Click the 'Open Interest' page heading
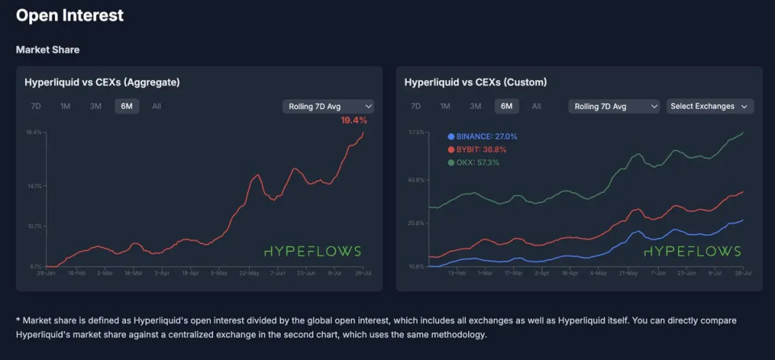click(70, 15)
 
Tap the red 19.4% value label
click(354, 120)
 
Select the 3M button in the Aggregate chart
click(95, 106)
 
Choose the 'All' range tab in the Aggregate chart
click(157, 106)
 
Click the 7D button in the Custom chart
click(415, 106)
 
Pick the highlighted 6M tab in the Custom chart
click(506, 106)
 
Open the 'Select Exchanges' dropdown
click(709, 106)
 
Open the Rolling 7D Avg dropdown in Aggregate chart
click(328, 106)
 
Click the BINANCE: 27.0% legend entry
click(482, 136)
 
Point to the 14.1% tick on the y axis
click(34, 186)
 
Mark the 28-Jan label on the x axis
click(45, 273)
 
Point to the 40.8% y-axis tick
click(417, 180)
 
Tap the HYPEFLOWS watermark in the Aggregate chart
click(312, 251)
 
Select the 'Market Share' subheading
click(48, 50)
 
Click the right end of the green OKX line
click(743, 132)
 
